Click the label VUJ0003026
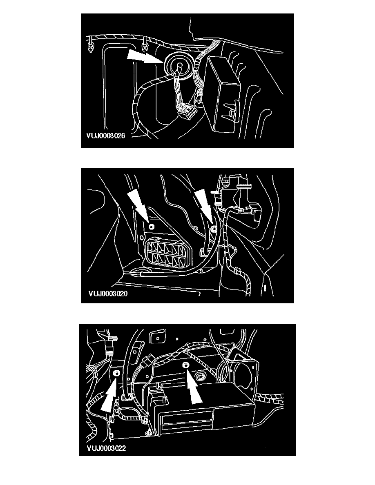[x=106, y=136]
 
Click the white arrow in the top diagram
[x=145, y=57]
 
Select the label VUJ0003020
[x=108, y=293]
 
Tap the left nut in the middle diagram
[x=152, y=227]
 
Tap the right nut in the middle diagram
[x=214, y=229]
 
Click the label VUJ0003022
[x=107, y=448]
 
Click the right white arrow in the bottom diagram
[x=193, y=386]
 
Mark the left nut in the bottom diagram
[x=117, y=373]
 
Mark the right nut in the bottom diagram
[x=185, y=365]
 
